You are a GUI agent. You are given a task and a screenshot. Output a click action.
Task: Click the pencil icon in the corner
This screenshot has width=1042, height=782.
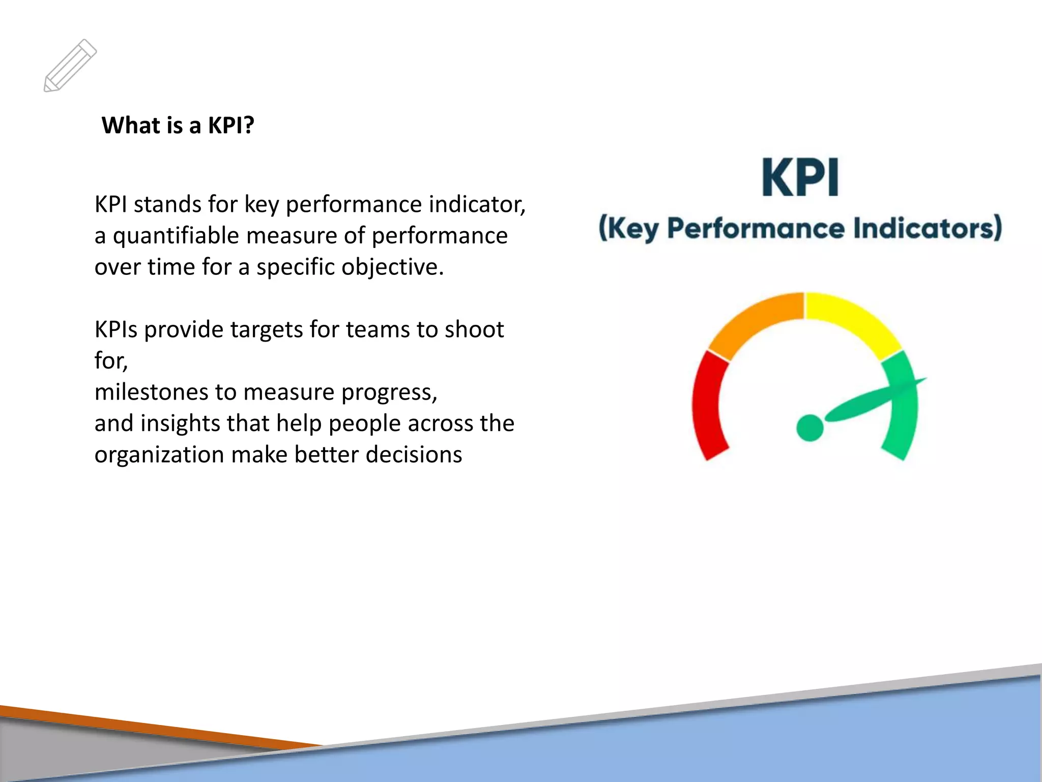click(x=70, y=66)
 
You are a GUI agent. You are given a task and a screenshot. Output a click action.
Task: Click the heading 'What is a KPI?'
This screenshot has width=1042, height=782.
click(x=178, y=125)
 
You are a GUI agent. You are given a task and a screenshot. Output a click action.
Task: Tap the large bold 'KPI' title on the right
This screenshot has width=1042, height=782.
click(x=800, y=178)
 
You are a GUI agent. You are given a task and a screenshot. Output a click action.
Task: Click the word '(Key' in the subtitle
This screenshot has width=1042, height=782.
click(x=628, y=228)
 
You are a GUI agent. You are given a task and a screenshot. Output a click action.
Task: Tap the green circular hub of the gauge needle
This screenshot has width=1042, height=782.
click(x=809, y=427)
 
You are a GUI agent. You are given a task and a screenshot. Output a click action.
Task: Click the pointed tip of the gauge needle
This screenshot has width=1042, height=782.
click(x=924, y=379)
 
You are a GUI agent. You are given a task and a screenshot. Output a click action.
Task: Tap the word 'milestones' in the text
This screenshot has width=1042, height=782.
click(x=150, y=392)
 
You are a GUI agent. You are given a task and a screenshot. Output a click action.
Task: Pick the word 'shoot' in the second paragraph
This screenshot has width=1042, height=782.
click(x=474, y=329)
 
